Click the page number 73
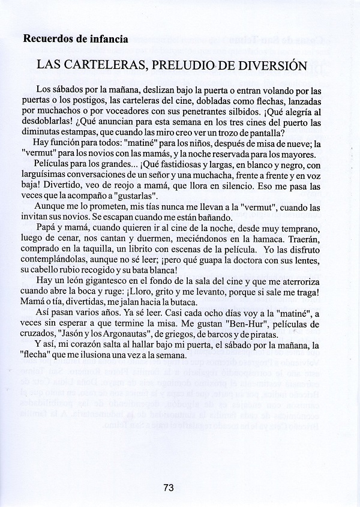[167, 488]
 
